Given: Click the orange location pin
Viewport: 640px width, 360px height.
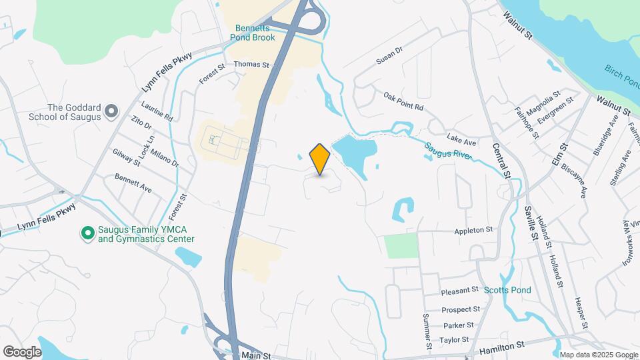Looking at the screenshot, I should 320,159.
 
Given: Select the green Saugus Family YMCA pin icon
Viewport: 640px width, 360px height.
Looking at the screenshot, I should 87,233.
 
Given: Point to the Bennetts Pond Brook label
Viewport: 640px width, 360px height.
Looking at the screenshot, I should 255,33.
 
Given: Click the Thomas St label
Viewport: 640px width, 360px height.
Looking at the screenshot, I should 251,65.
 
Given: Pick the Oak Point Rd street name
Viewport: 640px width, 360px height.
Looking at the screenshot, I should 403,101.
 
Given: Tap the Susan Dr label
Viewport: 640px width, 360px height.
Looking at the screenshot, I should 390,55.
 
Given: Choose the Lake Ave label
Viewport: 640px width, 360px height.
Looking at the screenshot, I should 461,141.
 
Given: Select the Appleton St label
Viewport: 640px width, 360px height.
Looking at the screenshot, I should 473,230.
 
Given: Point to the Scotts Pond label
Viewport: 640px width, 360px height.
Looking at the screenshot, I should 507,290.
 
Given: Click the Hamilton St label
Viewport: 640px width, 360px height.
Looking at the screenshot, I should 503,346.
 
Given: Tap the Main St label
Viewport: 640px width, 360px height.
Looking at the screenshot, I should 256,355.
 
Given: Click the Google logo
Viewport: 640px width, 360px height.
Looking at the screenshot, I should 22,352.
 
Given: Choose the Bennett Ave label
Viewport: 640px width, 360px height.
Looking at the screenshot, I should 133,185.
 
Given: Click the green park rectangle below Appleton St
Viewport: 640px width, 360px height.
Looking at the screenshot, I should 401,246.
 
